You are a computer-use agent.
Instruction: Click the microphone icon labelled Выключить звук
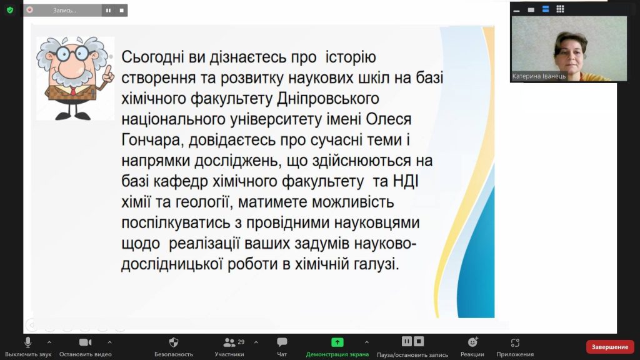(27, 342)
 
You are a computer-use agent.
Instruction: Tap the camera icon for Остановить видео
(85, 342)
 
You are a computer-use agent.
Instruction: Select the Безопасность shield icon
(174, 342)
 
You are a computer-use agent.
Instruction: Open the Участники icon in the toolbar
(229, 342)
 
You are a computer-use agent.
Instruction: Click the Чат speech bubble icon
(282, 342)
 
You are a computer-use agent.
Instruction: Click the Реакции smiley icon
(472, 342)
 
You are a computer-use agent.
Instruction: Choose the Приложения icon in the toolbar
(515, 342)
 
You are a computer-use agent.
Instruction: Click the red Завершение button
(610, 347)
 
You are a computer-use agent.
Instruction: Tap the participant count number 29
(241, 342)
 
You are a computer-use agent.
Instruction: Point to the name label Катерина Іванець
(539, 76)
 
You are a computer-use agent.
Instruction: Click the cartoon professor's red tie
(72, 91)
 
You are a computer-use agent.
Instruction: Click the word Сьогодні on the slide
(152, 57)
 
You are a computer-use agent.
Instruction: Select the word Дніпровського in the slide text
(328, 99)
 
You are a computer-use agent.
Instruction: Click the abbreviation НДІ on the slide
(405, 181)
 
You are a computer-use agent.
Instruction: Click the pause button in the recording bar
(108, 10)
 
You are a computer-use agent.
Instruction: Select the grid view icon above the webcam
(560, 9)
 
